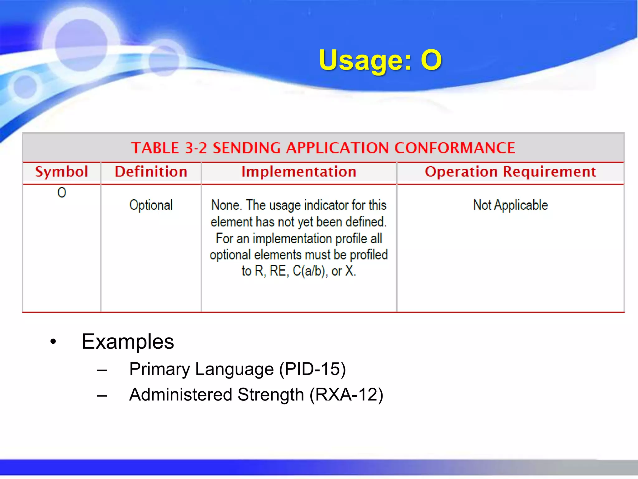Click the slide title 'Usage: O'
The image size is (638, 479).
point(380,60)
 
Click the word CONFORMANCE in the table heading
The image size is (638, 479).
point(455,148)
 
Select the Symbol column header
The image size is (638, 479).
point(61,172)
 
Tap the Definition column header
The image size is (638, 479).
point(151,172)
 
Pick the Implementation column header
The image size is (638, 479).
point(299,172)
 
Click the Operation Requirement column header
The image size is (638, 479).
point(510,172)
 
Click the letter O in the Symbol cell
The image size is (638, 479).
point(62,192)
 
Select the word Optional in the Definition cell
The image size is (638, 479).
point(151,205)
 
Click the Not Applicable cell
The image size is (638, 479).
point(510,205)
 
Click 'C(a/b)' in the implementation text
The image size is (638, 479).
point(310,271)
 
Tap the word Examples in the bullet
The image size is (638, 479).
point(128,341)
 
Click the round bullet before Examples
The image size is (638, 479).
point(53,342)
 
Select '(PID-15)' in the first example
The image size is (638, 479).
point(312,369)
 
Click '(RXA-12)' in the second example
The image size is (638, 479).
point(346,394)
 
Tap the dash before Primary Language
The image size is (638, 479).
point(102,370)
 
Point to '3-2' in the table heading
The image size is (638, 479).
point(196,148)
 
